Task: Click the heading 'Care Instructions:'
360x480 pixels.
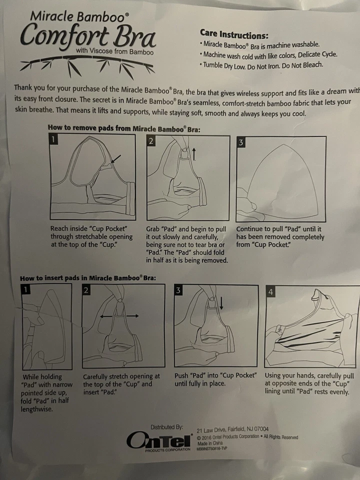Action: [234, 34]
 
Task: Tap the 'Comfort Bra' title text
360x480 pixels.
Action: [88, 37]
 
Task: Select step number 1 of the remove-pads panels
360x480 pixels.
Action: [53, 139]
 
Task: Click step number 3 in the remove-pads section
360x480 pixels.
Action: [241, 142]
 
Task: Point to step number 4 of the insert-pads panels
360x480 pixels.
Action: [270, 291]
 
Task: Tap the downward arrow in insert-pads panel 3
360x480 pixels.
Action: [221, 303]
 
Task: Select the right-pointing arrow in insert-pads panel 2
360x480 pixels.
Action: [132, 315]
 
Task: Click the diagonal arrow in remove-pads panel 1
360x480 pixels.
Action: [116, 159]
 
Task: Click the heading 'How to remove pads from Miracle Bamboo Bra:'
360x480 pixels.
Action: [124, 128]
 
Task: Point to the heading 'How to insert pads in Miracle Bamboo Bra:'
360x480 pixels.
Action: [88, 278]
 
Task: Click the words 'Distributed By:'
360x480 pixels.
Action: [167, 426]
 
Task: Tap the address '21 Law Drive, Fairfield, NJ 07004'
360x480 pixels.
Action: [232, 429]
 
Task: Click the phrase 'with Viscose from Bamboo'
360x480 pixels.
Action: [115, 51]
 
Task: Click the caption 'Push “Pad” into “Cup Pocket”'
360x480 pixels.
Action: [215, 375]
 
